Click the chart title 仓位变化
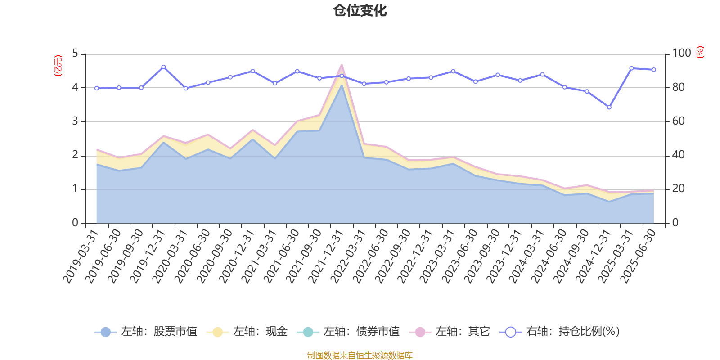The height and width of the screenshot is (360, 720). coord(360,10)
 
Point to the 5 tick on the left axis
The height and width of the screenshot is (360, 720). coord(75,54)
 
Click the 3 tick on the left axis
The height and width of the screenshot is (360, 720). coord(75,121)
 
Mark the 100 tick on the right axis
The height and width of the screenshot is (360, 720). coord(681,54)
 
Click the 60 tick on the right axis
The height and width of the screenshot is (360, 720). coord(679,121)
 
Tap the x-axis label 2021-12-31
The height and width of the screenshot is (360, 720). coord(326,256)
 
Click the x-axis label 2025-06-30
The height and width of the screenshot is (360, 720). coord(639,256)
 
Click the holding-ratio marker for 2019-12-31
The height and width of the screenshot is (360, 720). coord(163,67)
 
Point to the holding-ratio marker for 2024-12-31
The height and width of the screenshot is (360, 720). coord(609,107)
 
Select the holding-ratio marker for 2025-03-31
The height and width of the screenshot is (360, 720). coord(631,68)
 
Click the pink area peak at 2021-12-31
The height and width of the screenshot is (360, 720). coord(342,65)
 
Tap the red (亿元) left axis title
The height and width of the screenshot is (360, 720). coord(58,66)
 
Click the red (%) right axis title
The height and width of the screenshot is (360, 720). coord(700,52)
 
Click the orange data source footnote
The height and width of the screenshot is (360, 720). coord(360,355)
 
